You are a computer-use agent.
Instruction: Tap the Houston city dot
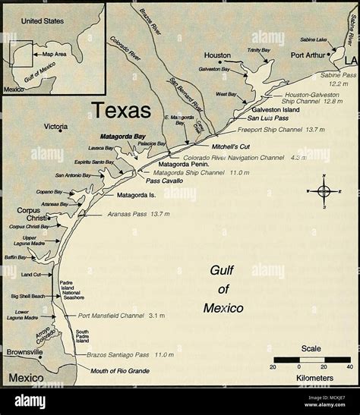(x=219, y=64)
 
